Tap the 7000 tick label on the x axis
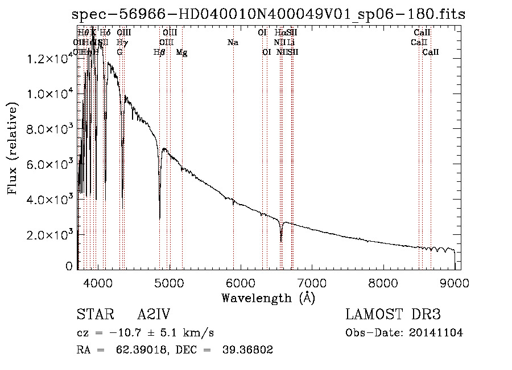tap(312, 282)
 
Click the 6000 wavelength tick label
tap(241, 282)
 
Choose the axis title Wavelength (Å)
tap(268, 298)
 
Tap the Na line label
tap(233, 42)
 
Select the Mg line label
tap(181, 52)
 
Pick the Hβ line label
tap(159, 52)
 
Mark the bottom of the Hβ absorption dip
tap(159, 218)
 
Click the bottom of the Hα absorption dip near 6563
tap(281, 241)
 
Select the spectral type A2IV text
tap(154, 315)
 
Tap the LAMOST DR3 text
tap(393, 315)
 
